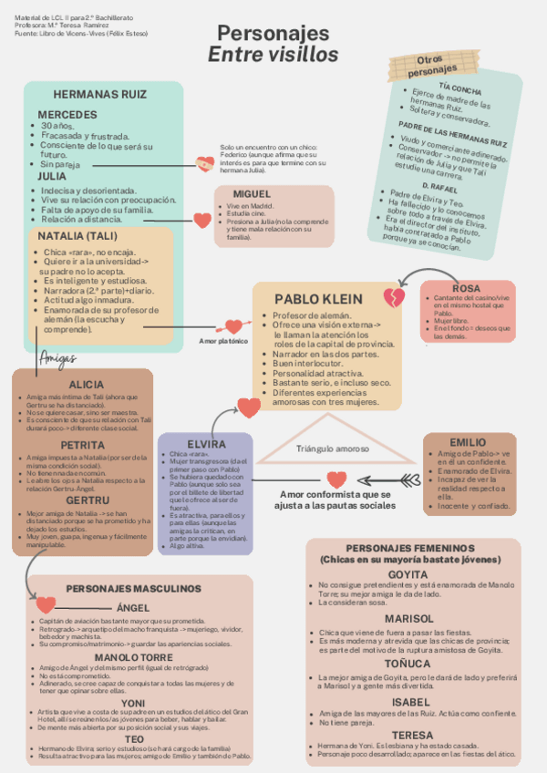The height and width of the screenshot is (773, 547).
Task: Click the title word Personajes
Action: [273, 35]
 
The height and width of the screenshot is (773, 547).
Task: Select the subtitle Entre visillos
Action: [273, 55]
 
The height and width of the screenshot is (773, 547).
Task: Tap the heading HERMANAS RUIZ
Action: [99, 95]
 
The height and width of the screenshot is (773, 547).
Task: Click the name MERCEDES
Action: [68, 114]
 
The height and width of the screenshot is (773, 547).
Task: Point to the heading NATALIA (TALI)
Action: [74, 236]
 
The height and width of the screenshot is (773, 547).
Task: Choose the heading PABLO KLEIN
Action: [318, 299]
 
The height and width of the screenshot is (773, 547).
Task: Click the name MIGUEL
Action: [252, 194]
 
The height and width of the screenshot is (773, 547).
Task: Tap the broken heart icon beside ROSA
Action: [394, 297]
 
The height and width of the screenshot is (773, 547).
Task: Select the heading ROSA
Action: [466, 289]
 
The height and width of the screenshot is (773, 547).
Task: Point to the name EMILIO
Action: [468, 442]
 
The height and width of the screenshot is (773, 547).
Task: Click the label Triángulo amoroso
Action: [332, 448]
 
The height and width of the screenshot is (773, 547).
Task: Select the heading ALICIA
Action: [87, 385]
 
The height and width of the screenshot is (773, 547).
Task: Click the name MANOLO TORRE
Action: [133, 657]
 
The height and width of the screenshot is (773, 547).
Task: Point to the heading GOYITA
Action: [408, 574]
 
